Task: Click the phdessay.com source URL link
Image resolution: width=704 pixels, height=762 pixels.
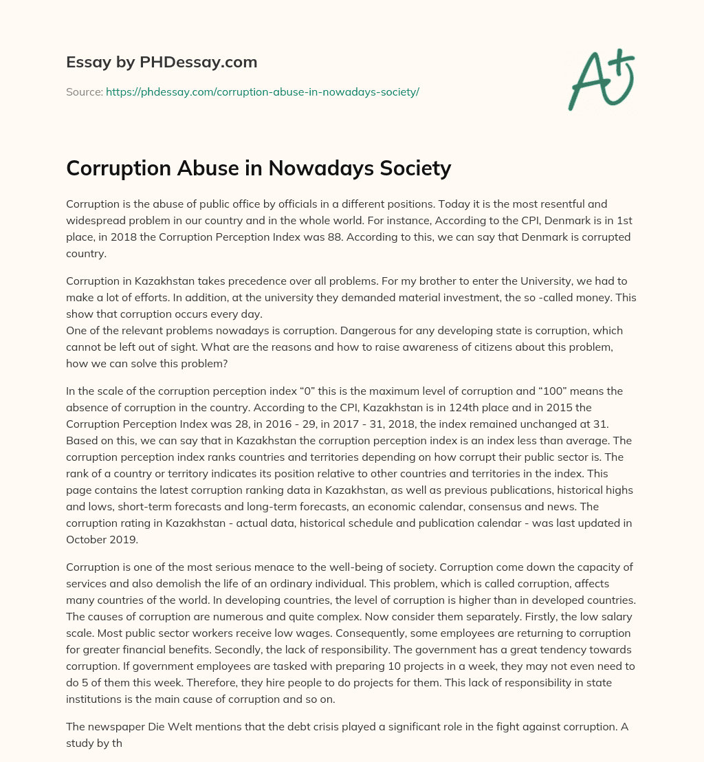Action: [x=262, y=91]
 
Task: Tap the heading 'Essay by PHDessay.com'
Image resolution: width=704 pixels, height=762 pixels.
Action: [x=162, y=62]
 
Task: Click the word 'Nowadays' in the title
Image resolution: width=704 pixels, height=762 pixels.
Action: [x=299, y=168]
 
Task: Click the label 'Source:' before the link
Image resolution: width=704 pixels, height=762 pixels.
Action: [x=84, y=91]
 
